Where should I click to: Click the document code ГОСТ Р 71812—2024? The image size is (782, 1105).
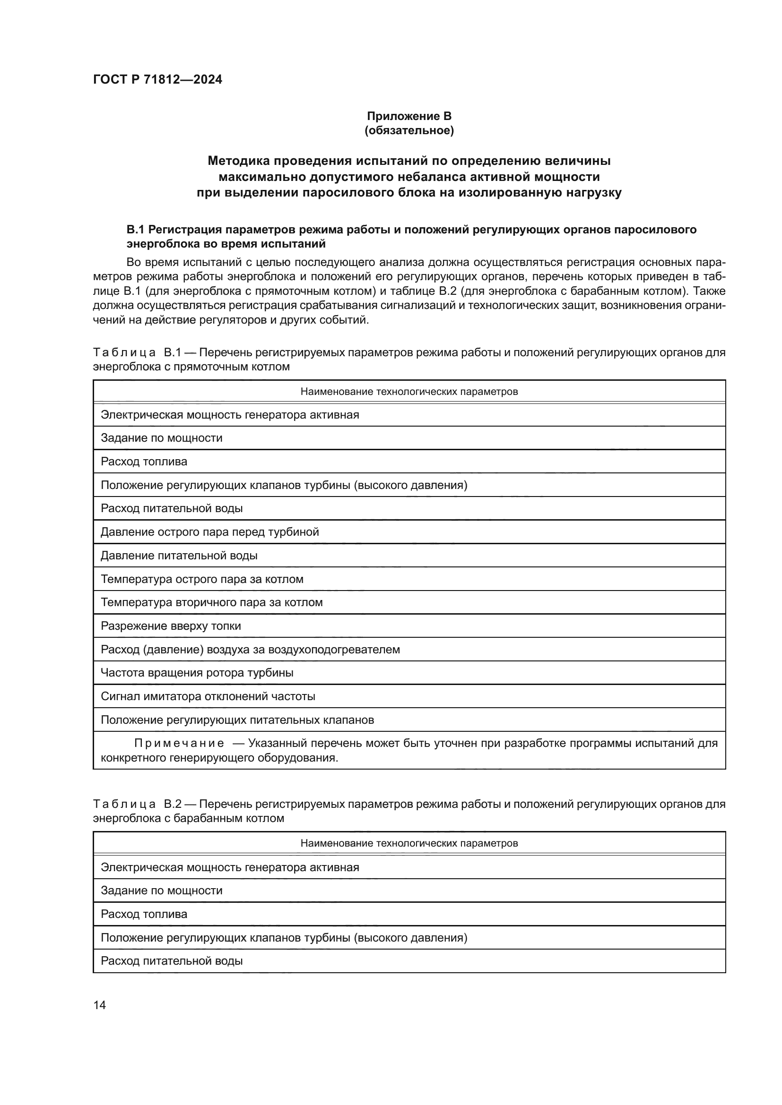click(157, 79)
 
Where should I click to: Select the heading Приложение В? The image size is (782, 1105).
click(409, 116)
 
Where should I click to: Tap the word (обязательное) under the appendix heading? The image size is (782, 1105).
click(409, 130)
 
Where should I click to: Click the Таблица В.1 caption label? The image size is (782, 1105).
click(136, 352)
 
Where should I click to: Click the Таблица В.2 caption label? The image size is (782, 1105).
click(136, 804)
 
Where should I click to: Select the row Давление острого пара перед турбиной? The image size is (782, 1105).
click(209, 532)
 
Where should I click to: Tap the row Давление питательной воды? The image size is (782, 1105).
click(179, 556)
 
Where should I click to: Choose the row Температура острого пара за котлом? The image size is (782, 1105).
click(202, 579)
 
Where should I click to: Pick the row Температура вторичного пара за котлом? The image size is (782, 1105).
click(211, 602)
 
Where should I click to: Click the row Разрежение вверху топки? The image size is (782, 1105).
click(171, 626)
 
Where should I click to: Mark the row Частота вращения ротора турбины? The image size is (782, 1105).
click(197, 673)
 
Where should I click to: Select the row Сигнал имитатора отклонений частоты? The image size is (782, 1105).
click(208, 696)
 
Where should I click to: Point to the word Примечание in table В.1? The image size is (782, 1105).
click(179, 743)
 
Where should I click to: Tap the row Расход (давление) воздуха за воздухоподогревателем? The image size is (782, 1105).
click(250, 650)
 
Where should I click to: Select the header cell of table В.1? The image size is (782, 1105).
click(409, 391)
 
